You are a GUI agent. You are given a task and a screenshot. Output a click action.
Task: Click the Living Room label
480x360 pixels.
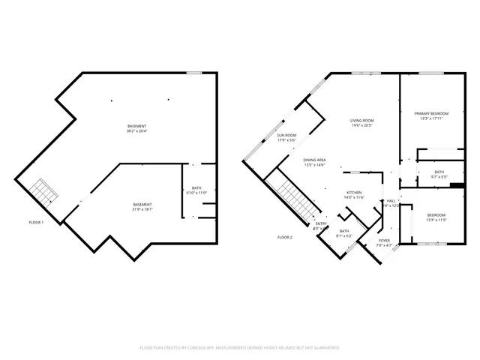362,123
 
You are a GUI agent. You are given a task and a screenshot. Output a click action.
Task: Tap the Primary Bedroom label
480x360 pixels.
430,115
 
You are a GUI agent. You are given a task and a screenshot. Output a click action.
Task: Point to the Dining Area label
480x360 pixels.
314,162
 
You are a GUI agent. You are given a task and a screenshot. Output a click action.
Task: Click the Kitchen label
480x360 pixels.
353,194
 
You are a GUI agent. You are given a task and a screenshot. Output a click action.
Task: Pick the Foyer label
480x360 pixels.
384,242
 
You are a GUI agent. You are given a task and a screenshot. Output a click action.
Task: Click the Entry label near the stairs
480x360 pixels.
320,226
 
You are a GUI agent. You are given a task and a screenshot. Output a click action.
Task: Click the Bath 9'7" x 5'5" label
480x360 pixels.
439,175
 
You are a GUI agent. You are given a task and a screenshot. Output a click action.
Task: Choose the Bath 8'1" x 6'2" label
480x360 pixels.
344,233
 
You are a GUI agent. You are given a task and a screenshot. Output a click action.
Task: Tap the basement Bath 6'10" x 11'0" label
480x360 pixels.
196,190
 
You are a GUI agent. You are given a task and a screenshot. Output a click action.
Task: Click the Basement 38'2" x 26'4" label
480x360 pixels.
136,128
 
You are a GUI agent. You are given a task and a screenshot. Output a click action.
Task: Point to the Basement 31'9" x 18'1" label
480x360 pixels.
142,208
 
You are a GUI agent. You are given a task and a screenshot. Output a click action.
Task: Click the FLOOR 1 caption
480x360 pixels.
36,223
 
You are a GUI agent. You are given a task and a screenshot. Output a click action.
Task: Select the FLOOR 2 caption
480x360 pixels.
284,237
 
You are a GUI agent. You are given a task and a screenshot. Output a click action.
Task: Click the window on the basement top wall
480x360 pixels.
194,73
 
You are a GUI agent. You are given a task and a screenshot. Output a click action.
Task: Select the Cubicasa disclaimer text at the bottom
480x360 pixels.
240,348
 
